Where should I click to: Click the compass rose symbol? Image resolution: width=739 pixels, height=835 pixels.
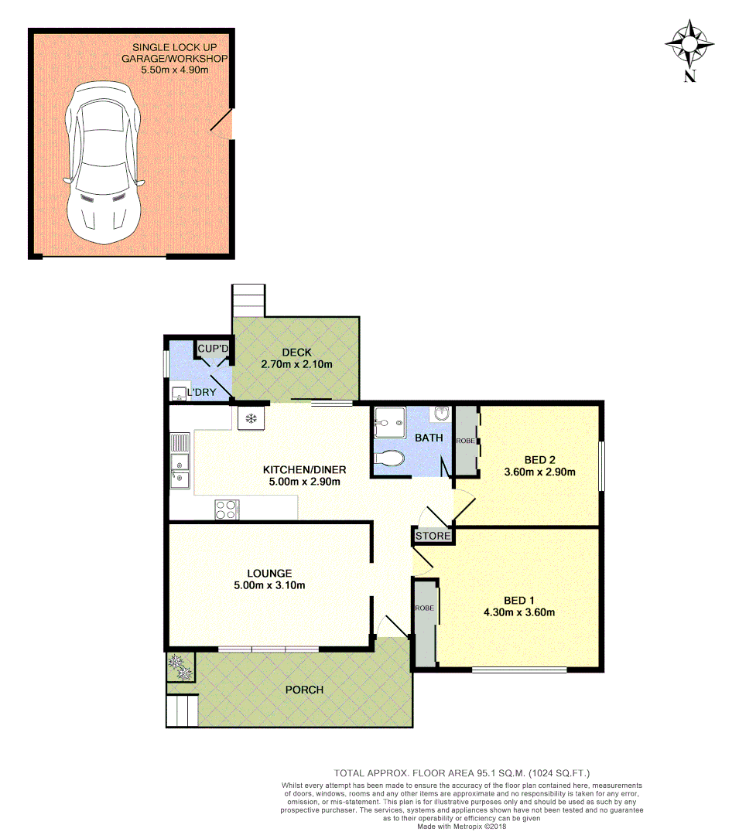[x=689, y=45]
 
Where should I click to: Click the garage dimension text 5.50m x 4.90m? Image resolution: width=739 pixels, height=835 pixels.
[x=175, y=70]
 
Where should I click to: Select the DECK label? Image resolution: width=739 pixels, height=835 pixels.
[x=296, y=353]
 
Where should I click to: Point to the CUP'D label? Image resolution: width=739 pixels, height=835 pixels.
[x=210, y=349]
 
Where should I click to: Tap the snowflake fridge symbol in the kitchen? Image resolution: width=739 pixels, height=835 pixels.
[x=250, y=419]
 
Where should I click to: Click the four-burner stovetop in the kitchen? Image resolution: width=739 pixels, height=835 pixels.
[x=227, y=510]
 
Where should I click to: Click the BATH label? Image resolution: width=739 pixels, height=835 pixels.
[x=429, y=438]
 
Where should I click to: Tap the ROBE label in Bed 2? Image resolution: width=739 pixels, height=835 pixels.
[x=464, y=440]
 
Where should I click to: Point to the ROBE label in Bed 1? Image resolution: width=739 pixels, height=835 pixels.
[x=425, y=608]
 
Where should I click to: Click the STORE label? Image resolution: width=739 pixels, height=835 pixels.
[x=433, y=536]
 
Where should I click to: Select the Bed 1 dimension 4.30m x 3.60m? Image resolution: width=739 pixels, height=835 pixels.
[x=529, y=612]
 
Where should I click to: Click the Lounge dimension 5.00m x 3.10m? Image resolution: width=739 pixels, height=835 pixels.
[x=269, y=585]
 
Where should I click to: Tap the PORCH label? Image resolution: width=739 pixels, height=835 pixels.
[x=304, y=690]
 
